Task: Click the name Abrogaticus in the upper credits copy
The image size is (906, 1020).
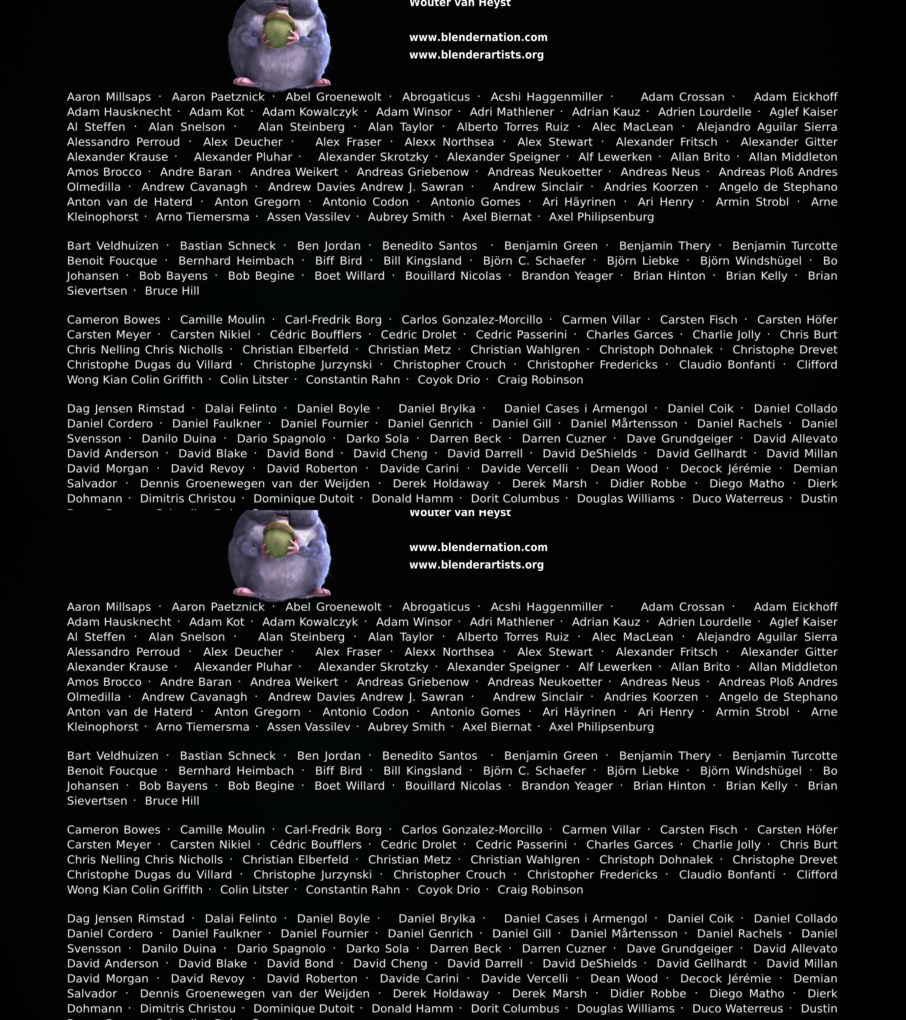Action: click(x=436, y=97)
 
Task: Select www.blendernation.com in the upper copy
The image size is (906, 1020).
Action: click(x=478, y=37)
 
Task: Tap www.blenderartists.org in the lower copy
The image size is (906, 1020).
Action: click(x=476, y=565)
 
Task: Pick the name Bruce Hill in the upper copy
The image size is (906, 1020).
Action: click(x=172, y=291)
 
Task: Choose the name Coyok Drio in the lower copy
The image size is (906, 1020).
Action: click(x=449, y=890)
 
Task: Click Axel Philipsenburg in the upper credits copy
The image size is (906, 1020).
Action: click(x=601, y=217)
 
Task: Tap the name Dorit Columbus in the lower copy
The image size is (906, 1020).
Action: click(x=515, y=1008)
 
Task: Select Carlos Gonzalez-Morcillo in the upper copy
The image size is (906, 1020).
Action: click(x=472, y=320)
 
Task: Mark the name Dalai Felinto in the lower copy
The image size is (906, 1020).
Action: click(x=240, y=919)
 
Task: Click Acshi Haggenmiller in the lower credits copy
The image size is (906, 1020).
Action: click(x=547, y=607)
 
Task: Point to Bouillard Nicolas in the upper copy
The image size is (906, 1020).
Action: click(x=453, y=276)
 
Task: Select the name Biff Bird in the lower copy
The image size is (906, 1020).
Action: click(x=339, y=771)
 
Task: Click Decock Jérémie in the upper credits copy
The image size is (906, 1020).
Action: click(x=725, y=469)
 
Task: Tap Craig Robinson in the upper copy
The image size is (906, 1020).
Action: click(x=540, y=380)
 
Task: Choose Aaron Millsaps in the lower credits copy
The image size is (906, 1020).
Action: click(x=109, y=607)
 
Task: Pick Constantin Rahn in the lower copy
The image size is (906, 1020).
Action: click(x=352, y=890)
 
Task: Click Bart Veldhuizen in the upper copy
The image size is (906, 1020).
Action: click(x=113, y=246)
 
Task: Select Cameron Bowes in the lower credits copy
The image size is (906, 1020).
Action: click(x=114, y=830)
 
